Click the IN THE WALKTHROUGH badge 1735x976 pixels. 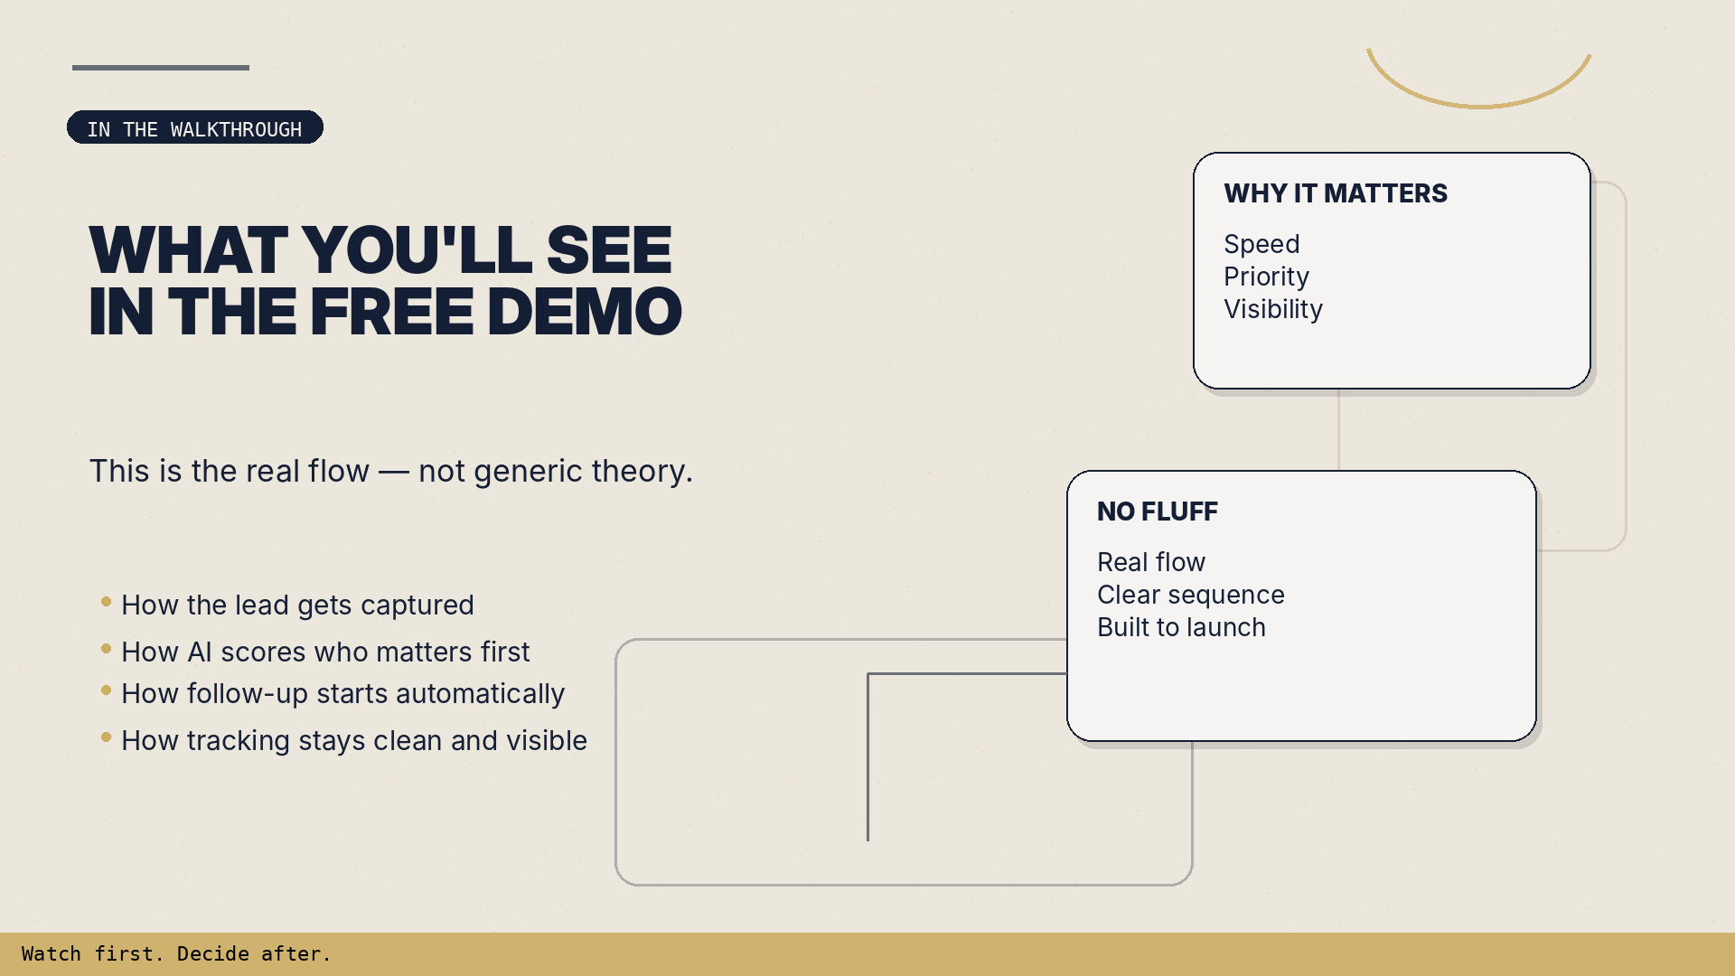point(194,128)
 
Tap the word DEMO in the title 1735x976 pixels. point(586,312)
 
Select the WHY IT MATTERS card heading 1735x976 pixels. point(1336,193)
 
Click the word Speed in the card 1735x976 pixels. point(1261,244)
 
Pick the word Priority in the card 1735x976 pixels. point(1266,277)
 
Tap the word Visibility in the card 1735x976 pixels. point(1273,309)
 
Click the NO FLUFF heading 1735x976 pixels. point(1158,511)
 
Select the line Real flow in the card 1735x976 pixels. point(1151,562)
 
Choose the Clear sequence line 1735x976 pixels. point(1190,595)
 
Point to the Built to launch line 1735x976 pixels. point(1181,627)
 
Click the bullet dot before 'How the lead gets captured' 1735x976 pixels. point(106,602)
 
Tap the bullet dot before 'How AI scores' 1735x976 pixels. point(106,649)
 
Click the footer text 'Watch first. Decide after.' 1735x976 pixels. point(176,954)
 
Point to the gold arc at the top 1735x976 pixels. point(1478,105)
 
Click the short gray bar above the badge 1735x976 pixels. point(161,68)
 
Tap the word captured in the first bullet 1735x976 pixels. point(417,605)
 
